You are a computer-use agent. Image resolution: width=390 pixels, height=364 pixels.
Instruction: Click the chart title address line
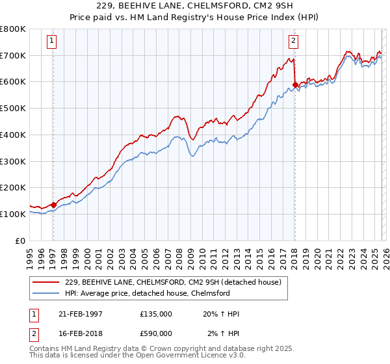click(195, 6)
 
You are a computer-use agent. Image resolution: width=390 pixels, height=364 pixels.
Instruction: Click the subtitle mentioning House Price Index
click(195, 18)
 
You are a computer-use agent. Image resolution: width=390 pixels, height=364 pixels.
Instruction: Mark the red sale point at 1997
click(53, 205)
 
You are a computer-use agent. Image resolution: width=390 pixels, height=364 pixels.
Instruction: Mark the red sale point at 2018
click(295, 84)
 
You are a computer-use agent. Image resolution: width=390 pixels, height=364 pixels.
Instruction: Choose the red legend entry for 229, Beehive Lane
click(172, 282)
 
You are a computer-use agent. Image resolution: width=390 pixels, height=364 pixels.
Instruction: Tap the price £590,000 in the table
click(156, 334)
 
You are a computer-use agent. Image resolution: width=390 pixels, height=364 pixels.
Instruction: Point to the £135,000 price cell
click(156, 314)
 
